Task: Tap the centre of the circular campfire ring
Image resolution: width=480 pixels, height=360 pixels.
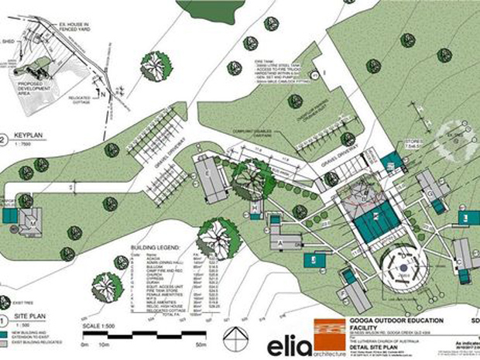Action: (x=403, y=270)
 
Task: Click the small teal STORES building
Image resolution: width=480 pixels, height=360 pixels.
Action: (x=393, y=161)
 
